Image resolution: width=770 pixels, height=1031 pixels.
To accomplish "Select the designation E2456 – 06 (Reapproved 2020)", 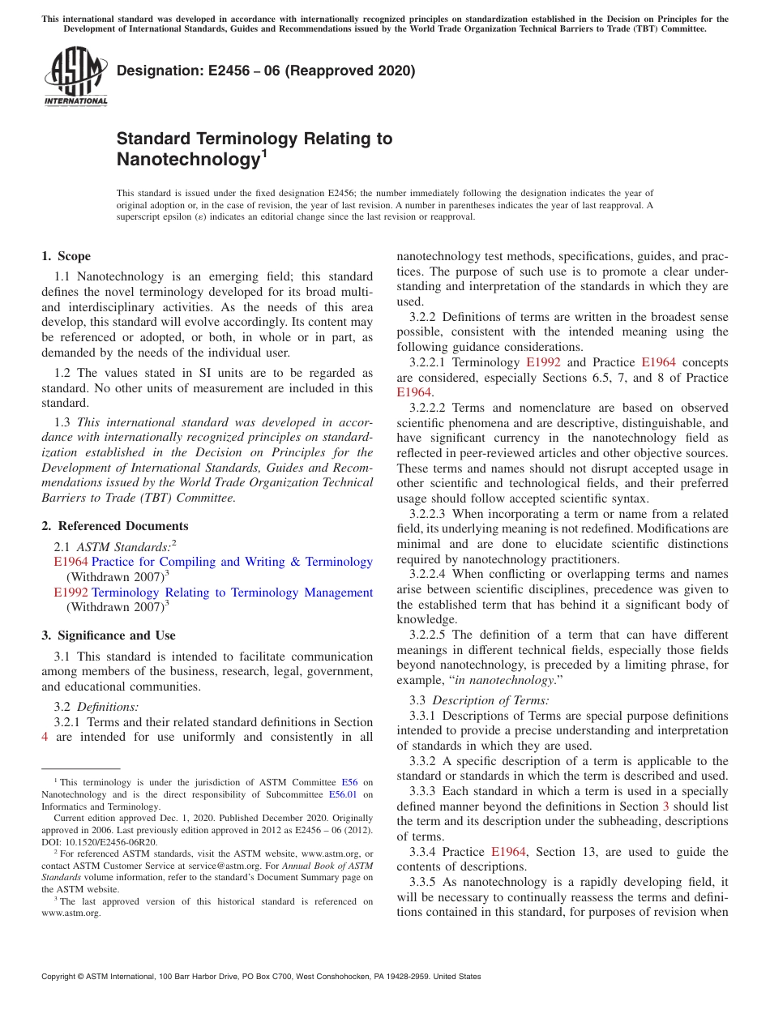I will pos(266,71).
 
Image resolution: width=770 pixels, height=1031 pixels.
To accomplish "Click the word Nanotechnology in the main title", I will pos(186,159).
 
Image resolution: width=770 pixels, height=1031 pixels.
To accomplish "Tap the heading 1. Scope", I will pos(66,256).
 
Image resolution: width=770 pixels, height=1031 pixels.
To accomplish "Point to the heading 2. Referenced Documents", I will pos(115,526).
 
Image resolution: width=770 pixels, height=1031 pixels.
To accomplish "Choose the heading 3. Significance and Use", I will pos(109,635).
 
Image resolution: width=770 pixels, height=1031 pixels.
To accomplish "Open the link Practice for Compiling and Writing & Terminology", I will pos(232,562).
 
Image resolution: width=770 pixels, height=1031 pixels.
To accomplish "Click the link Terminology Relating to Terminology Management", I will pos(232,593).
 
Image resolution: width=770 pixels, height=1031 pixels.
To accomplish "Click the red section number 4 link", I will pos(45,737).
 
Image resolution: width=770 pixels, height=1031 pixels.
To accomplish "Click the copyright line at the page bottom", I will pos(261,977).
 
